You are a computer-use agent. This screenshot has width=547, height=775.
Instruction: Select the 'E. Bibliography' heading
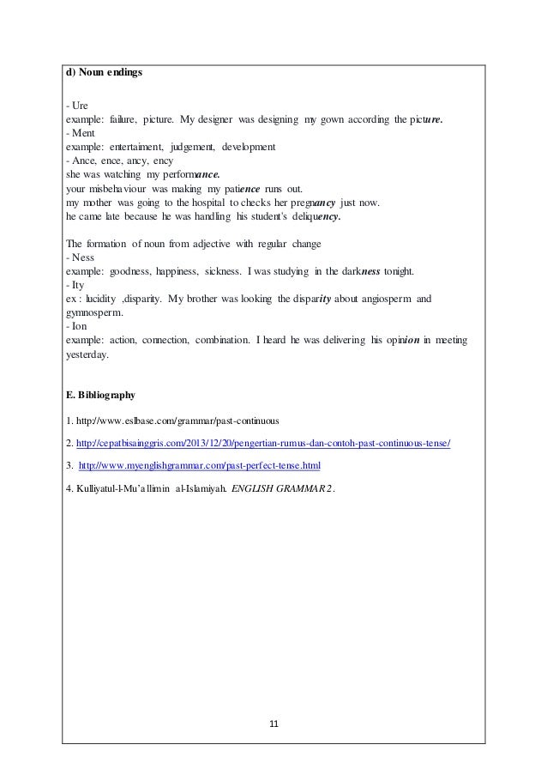tap(100, 397)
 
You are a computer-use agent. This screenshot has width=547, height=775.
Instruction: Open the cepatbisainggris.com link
tap(263, 443)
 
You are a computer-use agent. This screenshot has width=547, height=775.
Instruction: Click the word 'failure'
tap(123, 118)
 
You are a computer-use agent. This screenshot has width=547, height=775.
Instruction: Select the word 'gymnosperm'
tap(95, 313)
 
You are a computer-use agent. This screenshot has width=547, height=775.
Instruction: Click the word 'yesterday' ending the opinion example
tap(87, 354)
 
